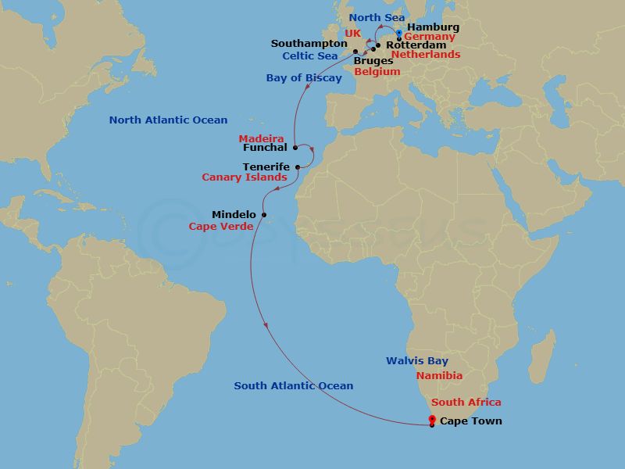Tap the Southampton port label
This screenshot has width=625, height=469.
coord(309,44)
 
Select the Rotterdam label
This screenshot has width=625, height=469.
coord(416,45)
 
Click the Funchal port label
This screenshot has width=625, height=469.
coord(265,147)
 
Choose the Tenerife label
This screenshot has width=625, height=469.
coord(266,167)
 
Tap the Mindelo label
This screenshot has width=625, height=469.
coord(234,214)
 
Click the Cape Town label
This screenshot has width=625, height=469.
coord(471,421)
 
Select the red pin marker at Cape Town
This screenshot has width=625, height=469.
coord(432,421)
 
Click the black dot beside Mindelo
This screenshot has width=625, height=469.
coord(264,215)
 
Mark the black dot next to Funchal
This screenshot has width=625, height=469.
coord(295,147)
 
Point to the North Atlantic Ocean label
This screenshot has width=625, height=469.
coord(168,120)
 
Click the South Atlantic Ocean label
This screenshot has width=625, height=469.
coord(294,386)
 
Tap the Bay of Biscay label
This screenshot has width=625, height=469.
coord(304,78)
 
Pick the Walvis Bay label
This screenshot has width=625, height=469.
coord(417,361)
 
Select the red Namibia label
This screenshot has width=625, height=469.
coord(439,376)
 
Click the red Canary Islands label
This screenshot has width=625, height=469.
coord(245,178)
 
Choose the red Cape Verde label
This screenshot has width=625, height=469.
coord(221,227)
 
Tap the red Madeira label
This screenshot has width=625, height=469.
coord(261,139)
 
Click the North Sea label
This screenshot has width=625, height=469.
coord(376,18)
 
